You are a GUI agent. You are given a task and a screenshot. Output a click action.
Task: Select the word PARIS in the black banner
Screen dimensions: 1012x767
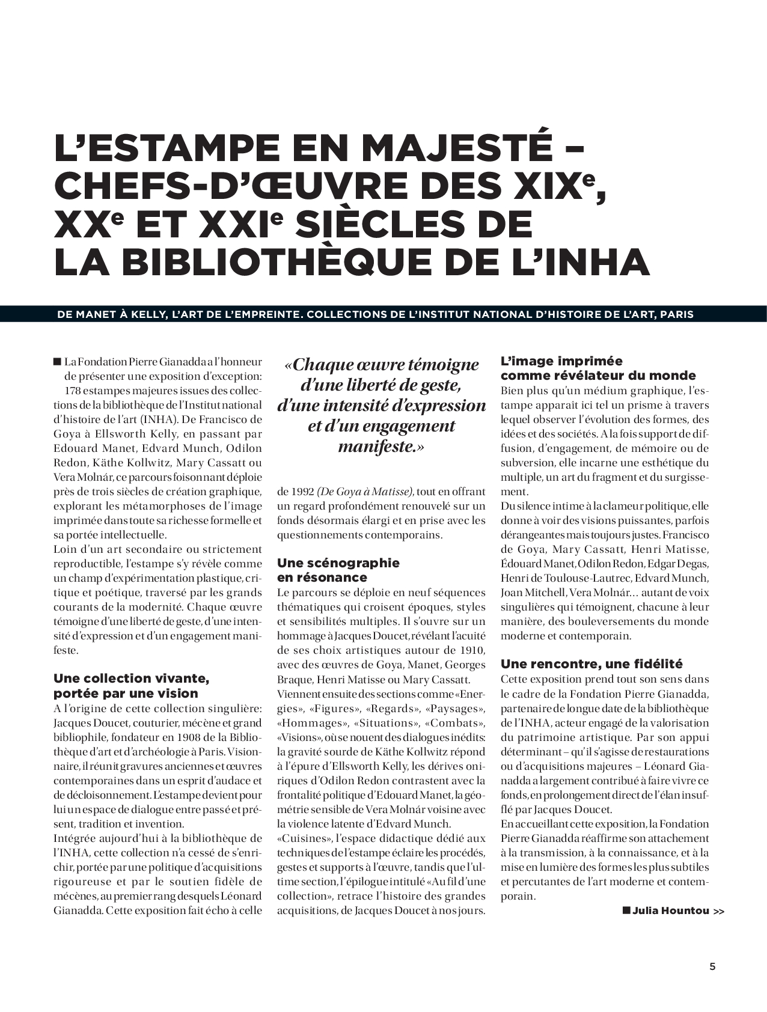[x=676, y=314]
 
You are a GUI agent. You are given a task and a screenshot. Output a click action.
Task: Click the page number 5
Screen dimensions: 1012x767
[x=713, y=967]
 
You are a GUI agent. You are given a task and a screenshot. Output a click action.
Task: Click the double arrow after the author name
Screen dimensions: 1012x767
[x=718, y=911]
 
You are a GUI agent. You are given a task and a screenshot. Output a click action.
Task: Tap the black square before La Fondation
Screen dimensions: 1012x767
[x=58, y=362]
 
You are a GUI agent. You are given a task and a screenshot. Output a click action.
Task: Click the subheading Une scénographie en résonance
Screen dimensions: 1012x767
[x=338, y=570]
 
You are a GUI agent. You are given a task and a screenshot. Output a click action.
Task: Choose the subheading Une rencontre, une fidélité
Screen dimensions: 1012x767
[x=591, y=664]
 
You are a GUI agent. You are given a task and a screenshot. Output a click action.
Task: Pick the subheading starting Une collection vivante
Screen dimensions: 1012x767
[x=131, y=686]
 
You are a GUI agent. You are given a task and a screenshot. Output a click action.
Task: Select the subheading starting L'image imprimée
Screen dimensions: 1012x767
[x=597, y=368]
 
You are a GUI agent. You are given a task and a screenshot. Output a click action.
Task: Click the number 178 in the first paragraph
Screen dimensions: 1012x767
[x=73, y=391]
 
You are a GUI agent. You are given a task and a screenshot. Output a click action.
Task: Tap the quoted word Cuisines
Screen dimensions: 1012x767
[x=306, y=838]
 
